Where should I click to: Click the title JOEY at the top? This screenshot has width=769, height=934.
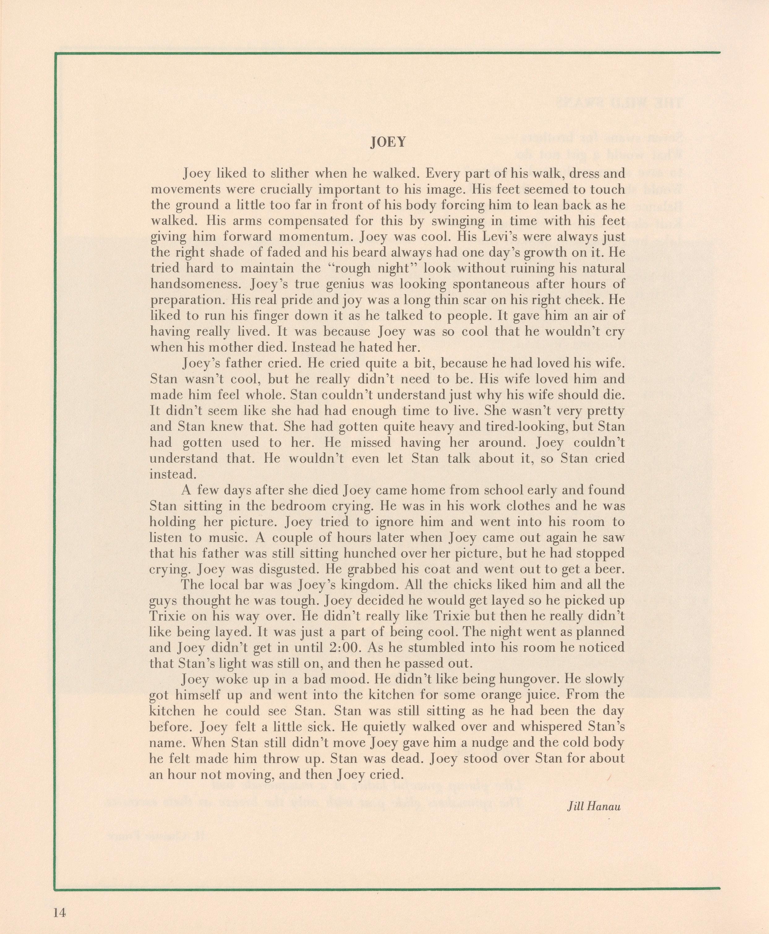point(388,142)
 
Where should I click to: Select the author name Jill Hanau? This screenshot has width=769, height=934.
point(594,806)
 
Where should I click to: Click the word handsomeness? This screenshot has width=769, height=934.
point(197,284)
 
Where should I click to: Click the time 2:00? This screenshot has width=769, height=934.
point(343,648)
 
